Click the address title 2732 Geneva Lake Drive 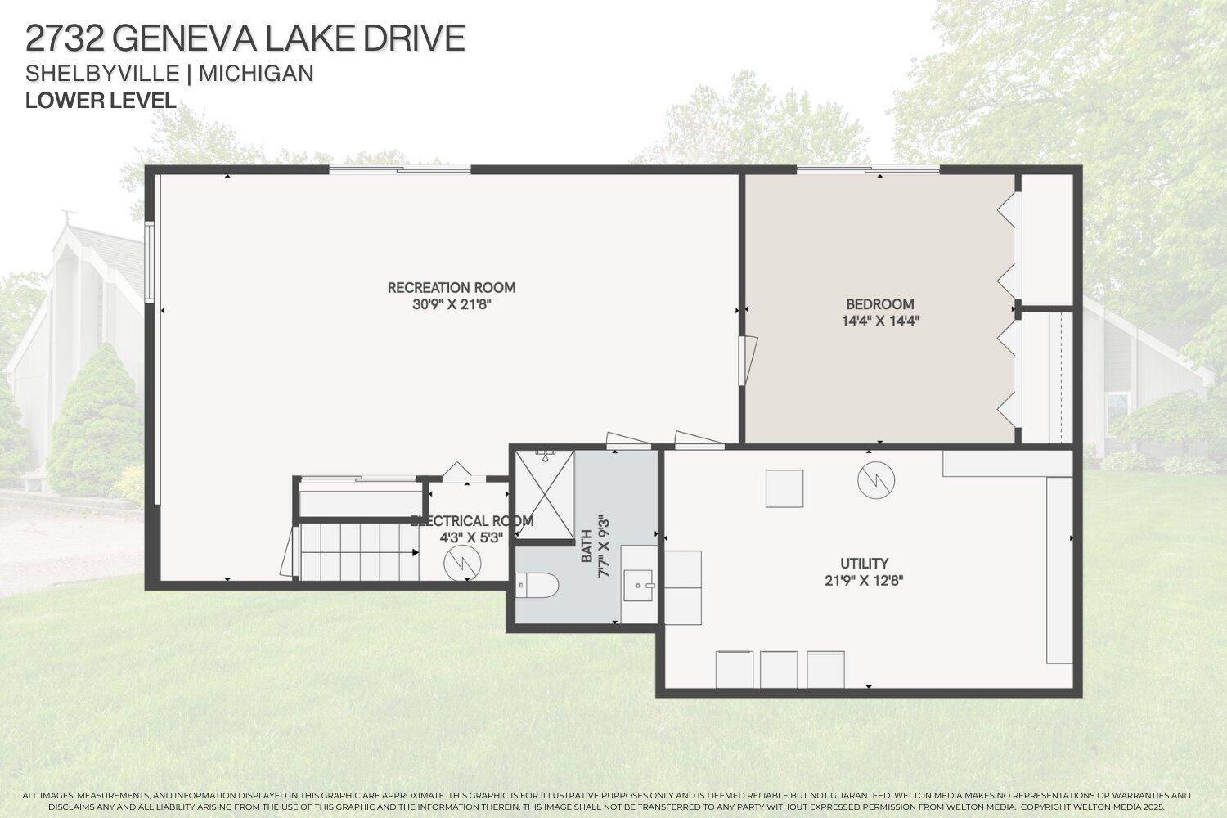[245, 38]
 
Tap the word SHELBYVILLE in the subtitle [102, 74]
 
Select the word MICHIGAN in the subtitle [256, 74]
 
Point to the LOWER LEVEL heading [101, 101]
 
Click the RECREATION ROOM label [452, 287]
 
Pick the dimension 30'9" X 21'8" [452, 304]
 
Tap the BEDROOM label [880, 304]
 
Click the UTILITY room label [864, 563]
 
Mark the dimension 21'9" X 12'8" [864, 581]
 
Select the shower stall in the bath [545, 495]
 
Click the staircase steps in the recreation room [358, 552]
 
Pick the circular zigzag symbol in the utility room [876, 479]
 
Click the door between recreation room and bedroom [746, 361]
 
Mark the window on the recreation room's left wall [150, 261]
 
